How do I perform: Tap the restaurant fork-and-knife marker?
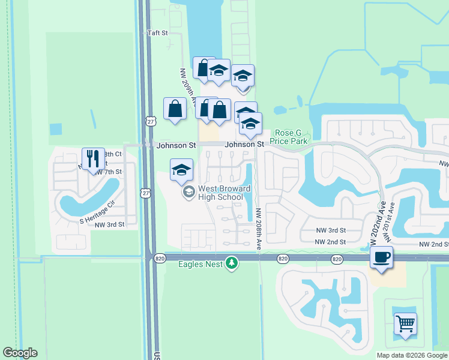click(92, 159)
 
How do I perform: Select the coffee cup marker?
click(381, 257)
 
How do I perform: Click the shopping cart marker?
click(406, 324)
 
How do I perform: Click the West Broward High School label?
click(221, 193)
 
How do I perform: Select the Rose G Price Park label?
click(291, 137)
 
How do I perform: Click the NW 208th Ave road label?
click(259, 229)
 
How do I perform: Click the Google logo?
click(20, 353)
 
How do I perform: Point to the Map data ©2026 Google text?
click(411, 355)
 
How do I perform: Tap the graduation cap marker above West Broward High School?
click(181, 169)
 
